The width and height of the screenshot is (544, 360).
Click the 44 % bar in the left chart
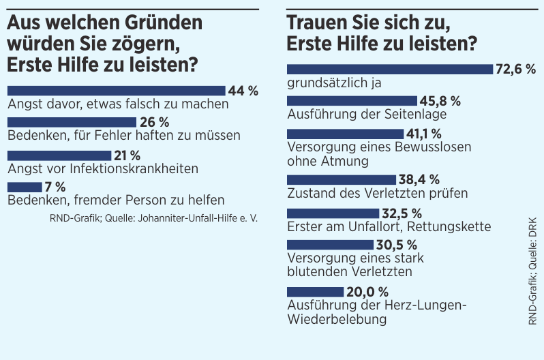click(x=116, y=91)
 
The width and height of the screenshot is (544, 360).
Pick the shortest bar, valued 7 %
click(x=25, y=186)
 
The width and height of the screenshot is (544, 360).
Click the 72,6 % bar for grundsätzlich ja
click(x=389, y=69)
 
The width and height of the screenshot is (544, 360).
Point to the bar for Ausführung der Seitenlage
click(x=352, y=101)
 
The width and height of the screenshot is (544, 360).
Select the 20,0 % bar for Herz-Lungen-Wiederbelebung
click(x=316, y=292)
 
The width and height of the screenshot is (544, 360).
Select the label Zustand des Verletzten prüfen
click(x=378, y=193)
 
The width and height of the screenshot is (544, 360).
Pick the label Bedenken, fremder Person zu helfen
click(x=116, y=200)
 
